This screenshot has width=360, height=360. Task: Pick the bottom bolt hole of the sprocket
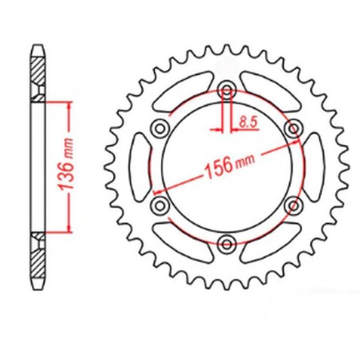point(226,244)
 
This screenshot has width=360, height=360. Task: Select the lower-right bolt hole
point(293,205)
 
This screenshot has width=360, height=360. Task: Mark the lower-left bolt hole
point(158,205)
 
